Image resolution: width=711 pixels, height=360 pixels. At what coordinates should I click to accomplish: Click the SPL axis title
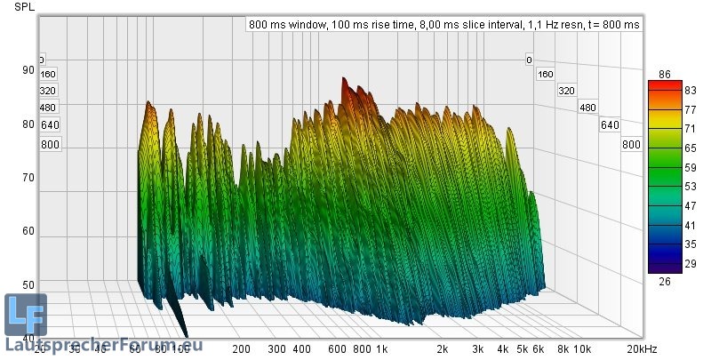click(x=25, y=7)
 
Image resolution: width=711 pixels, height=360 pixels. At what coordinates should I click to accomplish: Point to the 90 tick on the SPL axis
click(x=28, y=70)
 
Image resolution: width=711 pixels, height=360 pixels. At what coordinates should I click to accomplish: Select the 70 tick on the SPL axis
click(x=28, y=178)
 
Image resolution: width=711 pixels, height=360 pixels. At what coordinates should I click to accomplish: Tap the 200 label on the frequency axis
click(x=240, y=349)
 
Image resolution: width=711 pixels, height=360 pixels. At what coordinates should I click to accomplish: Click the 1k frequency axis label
click(x=381, y=349)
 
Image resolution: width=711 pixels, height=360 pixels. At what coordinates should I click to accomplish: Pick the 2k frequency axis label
click(x=441, y=349)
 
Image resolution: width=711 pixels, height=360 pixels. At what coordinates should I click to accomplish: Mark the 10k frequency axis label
click(x=583, y=349)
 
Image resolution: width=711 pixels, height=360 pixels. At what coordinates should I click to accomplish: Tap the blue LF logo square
click(x=25, y=313)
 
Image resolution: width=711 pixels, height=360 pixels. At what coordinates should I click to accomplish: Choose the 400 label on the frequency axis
click(x=301, y=349)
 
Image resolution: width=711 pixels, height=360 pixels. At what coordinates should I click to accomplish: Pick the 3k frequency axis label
click(x=477, y=349)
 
